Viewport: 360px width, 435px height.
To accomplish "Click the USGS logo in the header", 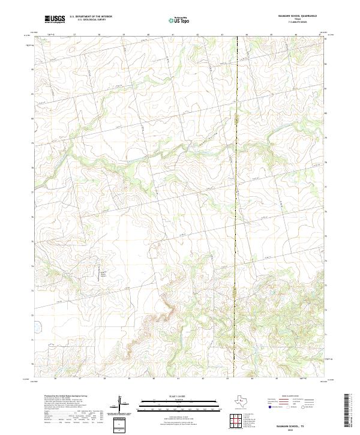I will point(55,19).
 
